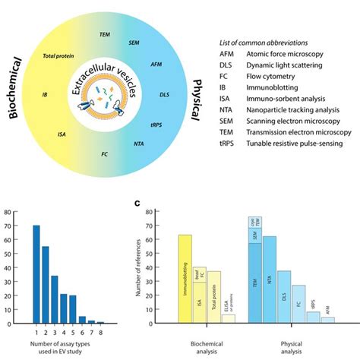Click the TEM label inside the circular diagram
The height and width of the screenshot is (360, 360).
click(x=106, y=35)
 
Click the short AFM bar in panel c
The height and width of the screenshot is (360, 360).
click(x=327, y=318)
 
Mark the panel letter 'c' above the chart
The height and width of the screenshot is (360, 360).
click(x=137, y=204)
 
